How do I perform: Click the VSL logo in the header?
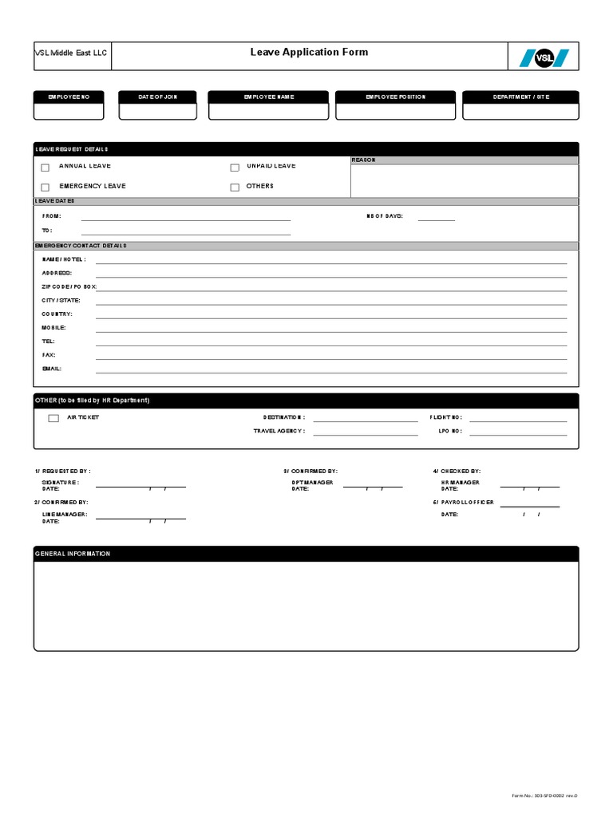tap(544, 57)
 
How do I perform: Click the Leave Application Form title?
tap(309, 52)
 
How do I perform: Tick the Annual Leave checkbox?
tap(45, 168)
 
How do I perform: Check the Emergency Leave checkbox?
tap(45, 187)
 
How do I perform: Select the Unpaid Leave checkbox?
tap(235, 168)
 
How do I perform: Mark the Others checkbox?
tap(235, 187)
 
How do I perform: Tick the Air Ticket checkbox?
tap(53, 418)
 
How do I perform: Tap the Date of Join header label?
tap(157, 97)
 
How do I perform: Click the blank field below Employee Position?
tap(395, 112)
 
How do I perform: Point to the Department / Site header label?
tap(520, 97)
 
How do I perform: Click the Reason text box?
tap(464, 181)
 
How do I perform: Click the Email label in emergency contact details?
tap(52, 369)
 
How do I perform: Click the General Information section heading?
tap(73, 554)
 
